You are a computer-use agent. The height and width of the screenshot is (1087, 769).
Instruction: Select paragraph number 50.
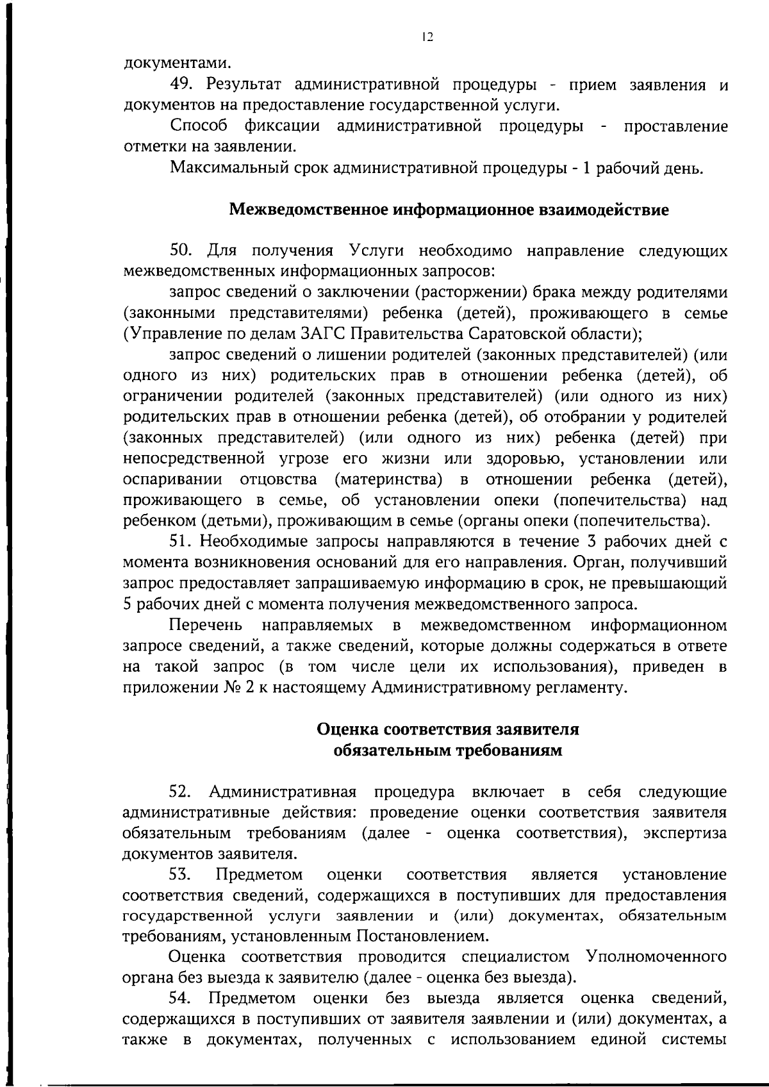[180, 250]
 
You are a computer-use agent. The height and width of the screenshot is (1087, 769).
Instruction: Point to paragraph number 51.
[180, 542]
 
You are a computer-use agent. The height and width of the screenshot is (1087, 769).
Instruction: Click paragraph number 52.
[180, 792]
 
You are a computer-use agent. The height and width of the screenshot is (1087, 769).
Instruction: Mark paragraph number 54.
[180, 998]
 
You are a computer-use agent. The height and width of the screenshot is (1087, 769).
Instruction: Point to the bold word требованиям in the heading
[509, 751]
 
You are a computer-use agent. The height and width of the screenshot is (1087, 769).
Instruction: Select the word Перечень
[205, 625]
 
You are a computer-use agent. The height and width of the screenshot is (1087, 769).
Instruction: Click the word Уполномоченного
[656, 957]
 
